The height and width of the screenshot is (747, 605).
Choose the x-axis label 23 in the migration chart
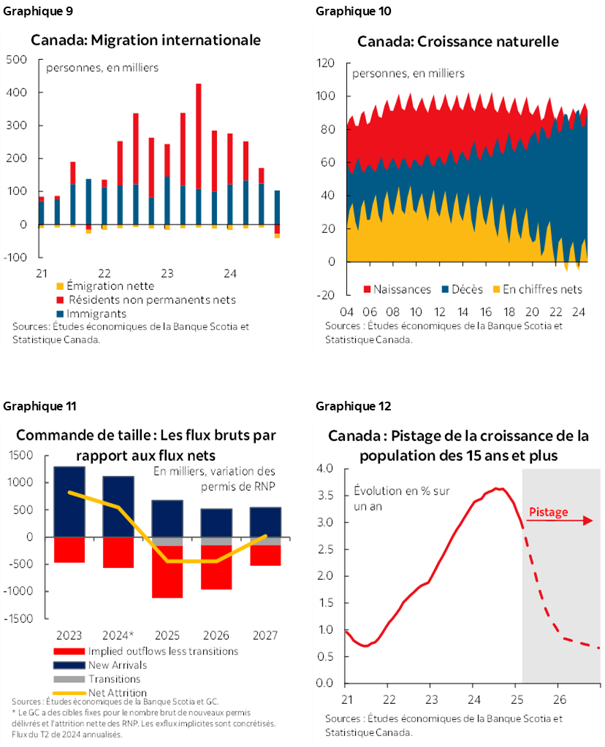click(x=167, y=274)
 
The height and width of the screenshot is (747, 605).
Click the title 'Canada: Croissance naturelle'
click(x=458, y=42)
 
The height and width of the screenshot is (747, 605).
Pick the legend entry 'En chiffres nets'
click(x=542, y=289)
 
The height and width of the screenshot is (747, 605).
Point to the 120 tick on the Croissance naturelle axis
click(x=325, y=64)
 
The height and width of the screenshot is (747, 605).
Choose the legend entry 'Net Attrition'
click(x=117, y=692)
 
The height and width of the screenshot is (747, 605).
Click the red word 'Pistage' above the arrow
click(x=547, y=512)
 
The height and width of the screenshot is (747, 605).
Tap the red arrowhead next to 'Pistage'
click(x=588, y=521)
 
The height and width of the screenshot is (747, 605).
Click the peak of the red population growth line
click(x=498, y=489)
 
